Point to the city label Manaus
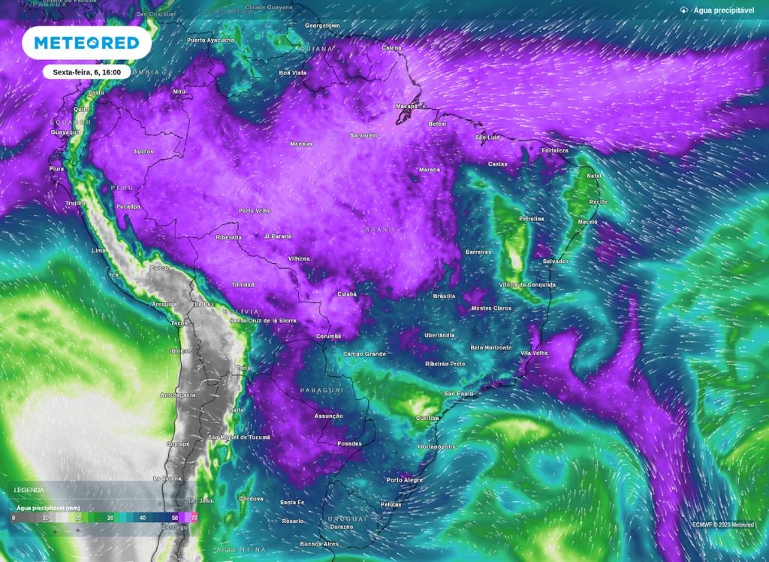(300, 143)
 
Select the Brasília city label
(444, 296)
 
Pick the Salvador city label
(555, 261)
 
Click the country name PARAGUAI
(321, 391)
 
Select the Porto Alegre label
(405, 479)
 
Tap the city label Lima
(98, 249)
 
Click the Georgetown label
(322, 26)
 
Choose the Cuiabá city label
(346, 294)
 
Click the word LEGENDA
(29, 490)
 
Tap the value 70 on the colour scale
(195, 518)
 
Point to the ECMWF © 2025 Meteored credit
(723, 524)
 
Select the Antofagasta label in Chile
(178, 394)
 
